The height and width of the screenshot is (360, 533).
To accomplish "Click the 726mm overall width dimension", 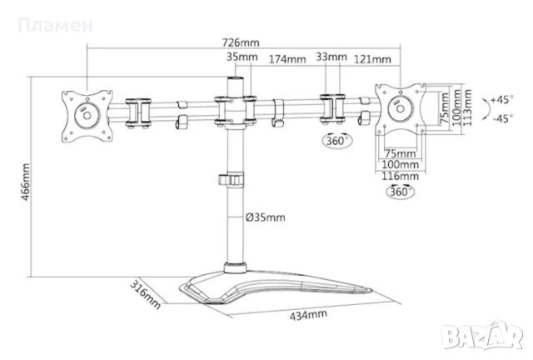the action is coord(241,42).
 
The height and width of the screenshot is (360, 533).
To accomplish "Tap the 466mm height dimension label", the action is coord(26,182).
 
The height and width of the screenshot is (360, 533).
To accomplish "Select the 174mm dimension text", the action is coord(287,59).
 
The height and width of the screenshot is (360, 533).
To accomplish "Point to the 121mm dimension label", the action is coord(372,59).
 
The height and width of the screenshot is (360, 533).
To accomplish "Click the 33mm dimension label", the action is coord(331,57).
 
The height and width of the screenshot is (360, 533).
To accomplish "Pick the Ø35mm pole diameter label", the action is coord(266,217).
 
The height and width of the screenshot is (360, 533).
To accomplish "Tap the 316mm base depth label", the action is coord(146,294).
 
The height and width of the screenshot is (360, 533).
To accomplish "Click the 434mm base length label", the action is coord(308,315).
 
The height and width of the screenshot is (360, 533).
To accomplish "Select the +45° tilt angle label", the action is coord(501,100).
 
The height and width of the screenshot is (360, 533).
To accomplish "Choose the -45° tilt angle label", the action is coord(503,119).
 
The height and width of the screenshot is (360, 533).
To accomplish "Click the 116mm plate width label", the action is coord(400,177).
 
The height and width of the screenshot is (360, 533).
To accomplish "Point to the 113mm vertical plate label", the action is coord(468,107).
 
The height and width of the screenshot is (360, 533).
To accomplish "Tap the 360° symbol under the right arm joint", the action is coord(336,140).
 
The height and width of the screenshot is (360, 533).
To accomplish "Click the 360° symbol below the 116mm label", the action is coord(401,192).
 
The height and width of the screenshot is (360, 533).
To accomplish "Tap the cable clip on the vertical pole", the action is coord(232,179).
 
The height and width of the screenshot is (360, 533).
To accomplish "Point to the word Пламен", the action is coord(55,26).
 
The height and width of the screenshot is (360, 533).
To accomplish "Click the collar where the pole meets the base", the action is coord(235,267).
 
